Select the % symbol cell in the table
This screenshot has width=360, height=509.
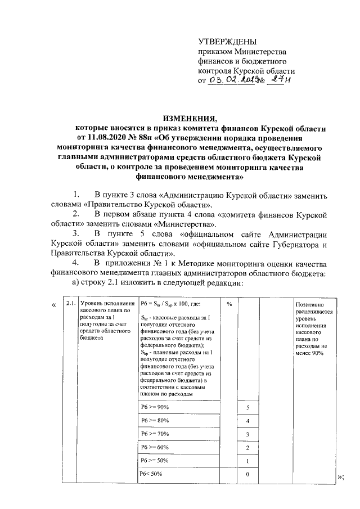point(229,304)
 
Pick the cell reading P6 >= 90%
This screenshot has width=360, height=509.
point(155,407)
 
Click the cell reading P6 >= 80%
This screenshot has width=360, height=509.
point(155,420)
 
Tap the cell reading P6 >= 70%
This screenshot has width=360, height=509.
point(155,434)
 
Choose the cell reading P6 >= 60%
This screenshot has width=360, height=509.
point(155,447)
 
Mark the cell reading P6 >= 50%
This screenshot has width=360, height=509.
point(155,461)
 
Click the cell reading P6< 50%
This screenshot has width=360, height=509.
point(152,474)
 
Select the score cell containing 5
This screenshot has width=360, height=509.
point(247,407)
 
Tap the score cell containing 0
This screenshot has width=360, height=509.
point(247,475)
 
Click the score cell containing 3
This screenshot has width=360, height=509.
point(247,434)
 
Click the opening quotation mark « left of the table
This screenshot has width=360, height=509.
point(53,304)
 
